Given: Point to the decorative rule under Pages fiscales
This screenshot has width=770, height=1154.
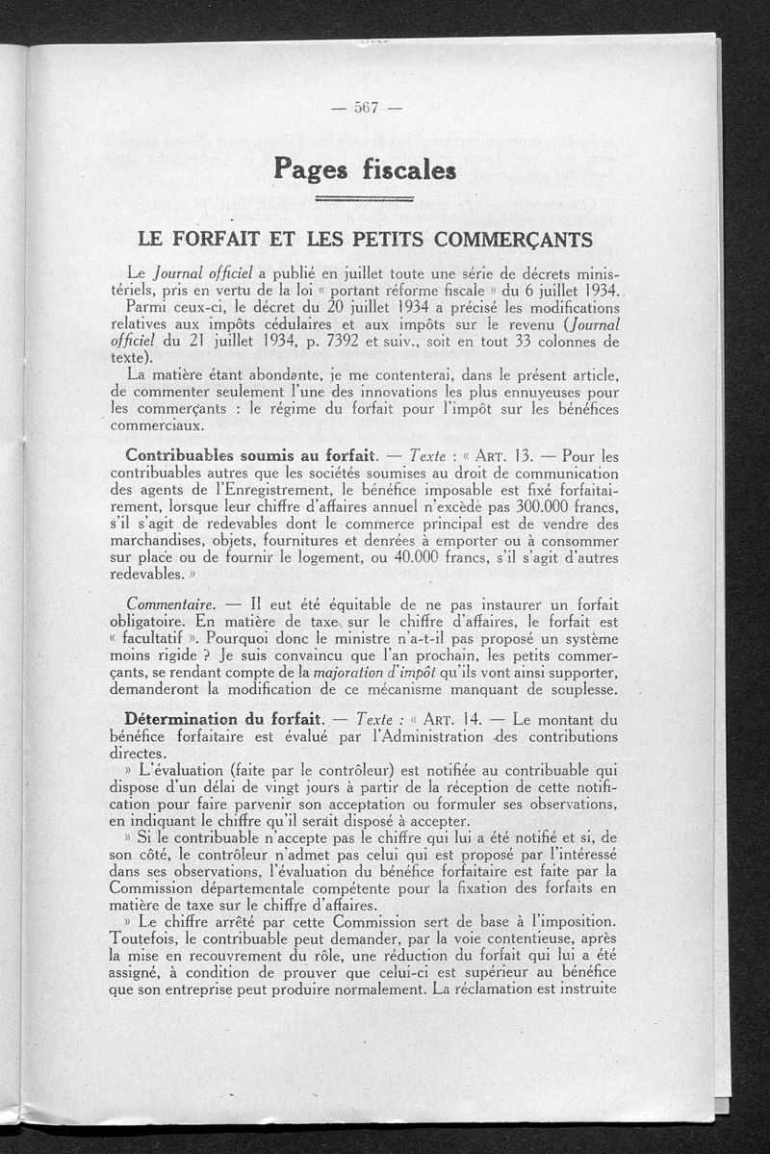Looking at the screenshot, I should click(x=365, y=199).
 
